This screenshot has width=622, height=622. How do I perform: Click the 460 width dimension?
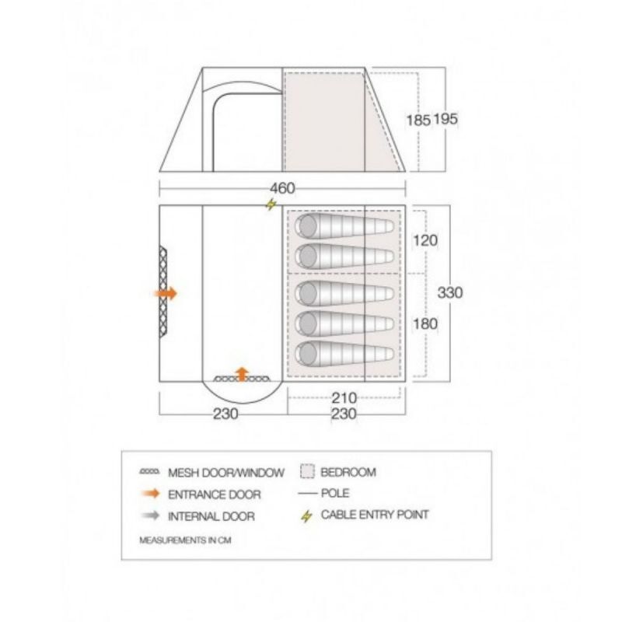[282, 188]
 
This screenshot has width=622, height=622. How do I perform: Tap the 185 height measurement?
[418, 120]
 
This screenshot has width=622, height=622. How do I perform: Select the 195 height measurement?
[446, 119]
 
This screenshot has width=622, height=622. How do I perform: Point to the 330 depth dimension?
[450, 293]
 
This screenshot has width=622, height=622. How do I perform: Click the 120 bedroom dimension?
[425, 240]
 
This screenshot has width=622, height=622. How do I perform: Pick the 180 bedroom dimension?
[425, 323]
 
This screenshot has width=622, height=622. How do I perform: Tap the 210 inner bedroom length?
[344, 397]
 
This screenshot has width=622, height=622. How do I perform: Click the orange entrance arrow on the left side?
[166, 294]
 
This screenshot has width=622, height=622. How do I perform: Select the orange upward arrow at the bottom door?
[242, 374]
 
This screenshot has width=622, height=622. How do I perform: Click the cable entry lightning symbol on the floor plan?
[271, 204]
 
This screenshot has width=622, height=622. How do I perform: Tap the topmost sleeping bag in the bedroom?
[344, 226]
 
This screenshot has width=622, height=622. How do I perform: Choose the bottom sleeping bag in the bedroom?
[344, 354]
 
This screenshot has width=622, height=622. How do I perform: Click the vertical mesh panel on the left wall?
[162, 292]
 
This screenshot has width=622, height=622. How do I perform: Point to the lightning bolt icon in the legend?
[306, 516]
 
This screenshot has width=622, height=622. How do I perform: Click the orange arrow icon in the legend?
[150, 494]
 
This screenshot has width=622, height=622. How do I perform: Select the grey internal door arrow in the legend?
[150, 515]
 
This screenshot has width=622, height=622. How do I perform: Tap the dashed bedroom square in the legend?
[307, 471]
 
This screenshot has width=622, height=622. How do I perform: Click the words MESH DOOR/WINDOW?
[226, 473]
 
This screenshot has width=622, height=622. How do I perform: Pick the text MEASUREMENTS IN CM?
[185, 540]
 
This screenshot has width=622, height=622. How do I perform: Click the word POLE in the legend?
[335, 493]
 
